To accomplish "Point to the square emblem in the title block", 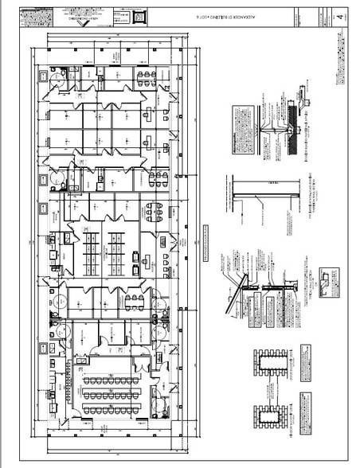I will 141,15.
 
